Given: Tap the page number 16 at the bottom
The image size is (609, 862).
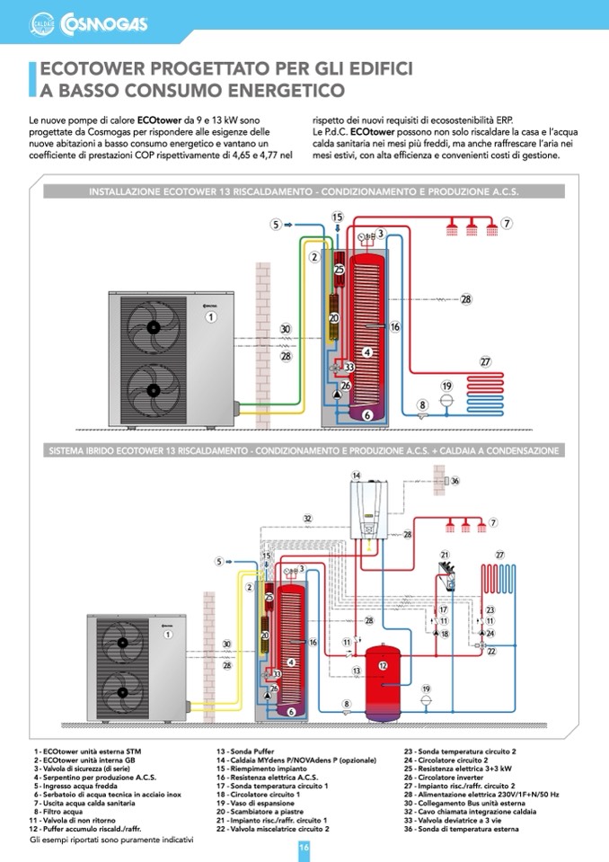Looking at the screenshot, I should [x=304, y=847].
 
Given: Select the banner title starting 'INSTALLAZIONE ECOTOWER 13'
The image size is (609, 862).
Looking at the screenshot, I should [x=304, y=191].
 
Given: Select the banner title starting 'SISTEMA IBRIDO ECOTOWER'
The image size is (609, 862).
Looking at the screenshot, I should [x=304, y=450].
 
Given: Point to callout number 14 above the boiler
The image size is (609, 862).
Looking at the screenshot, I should [x=357, y=475].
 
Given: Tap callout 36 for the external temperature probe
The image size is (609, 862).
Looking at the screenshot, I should [x=455, y=481].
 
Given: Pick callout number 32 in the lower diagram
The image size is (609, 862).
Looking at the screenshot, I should [x=307, y=519].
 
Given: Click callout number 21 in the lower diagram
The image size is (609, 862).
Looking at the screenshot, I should [x=444, y=555].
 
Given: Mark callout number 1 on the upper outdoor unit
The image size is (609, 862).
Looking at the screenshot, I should [x=211, y=316].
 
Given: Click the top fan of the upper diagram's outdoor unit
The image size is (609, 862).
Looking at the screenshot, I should [x=151, y=329].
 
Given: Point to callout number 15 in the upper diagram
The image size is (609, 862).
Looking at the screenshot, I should [x=337, y=217].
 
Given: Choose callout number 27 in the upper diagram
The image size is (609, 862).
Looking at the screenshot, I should [x=485, y=361].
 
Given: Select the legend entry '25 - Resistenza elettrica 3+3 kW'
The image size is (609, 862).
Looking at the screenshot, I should [x=458, y=769].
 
